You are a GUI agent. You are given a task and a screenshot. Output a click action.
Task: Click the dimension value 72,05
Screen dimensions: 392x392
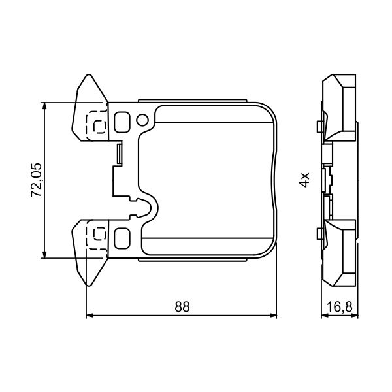pyautogui.click(x=37, y=180)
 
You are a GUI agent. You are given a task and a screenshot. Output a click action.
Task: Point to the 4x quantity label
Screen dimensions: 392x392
pyautogui.click(x=304, y=180)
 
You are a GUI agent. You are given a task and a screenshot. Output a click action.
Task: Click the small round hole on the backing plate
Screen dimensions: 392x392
pyautogui.click(x=143, y=120)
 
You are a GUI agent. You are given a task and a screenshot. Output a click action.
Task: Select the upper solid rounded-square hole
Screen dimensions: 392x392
pyautogui.click(x=122, y=122)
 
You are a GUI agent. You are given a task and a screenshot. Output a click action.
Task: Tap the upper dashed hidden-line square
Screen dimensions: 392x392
pyautogui.click(x=98, y=123)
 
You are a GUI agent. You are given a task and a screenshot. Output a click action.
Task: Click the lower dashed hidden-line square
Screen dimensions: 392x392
pyautogui.click(x=98, y=235)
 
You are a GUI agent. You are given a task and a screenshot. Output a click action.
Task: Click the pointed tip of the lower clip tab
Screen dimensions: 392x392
pyautogui.click(x=87, y=285)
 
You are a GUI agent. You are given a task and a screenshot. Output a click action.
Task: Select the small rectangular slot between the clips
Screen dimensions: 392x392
pyautogui.click(x=118, y=154)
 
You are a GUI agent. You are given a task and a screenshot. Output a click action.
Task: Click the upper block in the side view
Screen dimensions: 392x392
pyautogui.click(x=341, y=107)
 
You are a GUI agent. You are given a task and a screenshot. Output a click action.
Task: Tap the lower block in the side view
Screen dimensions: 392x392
pyautogui.click(x=341, y=252)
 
